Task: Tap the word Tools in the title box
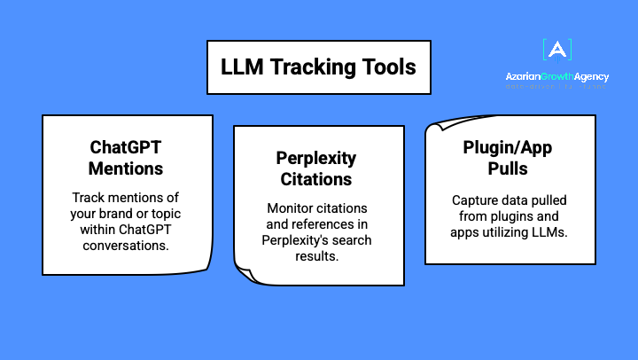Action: (x=388, y=67)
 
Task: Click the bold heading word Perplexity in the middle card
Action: (x=316, y=160)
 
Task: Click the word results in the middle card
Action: (x=316, y=256)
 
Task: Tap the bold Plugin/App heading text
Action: (x=509, y=148)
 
